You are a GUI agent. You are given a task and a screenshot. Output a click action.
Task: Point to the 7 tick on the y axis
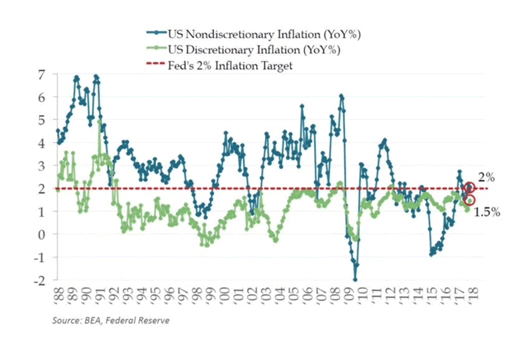(x=41, y=74)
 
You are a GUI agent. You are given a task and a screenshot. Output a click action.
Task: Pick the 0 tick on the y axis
(x=41, y=234)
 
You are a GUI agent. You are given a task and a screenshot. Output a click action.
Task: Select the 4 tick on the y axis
(x=41, y=143)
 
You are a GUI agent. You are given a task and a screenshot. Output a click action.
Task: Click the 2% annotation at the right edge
(x=487, y=177)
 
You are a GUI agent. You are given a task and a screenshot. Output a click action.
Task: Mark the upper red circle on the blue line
(x=470, y=187)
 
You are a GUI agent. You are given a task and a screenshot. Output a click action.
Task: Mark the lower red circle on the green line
(x=470, y=200)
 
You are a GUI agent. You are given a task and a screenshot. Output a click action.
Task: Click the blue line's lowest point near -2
(x=355, y=280)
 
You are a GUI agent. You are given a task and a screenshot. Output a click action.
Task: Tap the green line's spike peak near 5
(x=100, y=122)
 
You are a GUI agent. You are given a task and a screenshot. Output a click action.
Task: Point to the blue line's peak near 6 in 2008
(x=341, y=96)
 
